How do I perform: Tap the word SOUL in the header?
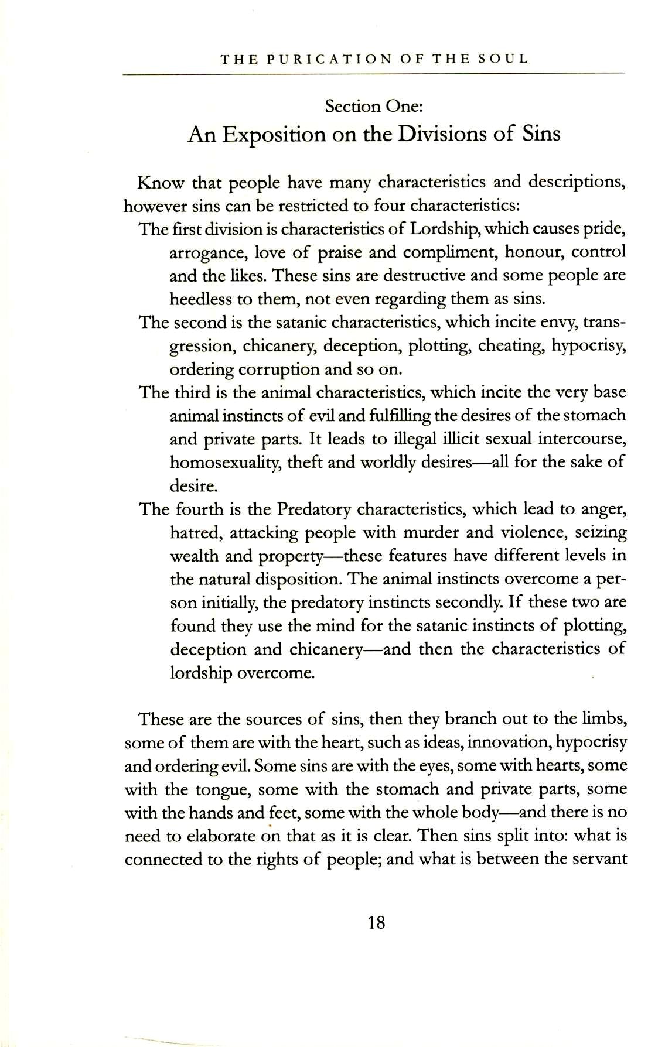pyautogui.click(x=503, y=59)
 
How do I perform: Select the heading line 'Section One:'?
pyautogui.click(x=374, y=107)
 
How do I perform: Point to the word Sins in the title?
pyautogui.click(x=540, y=134)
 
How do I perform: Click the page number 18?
pyautogui.click(x=376, y=923)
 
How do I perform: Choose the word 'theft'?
pyautogui.click(x=305, y=462)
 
